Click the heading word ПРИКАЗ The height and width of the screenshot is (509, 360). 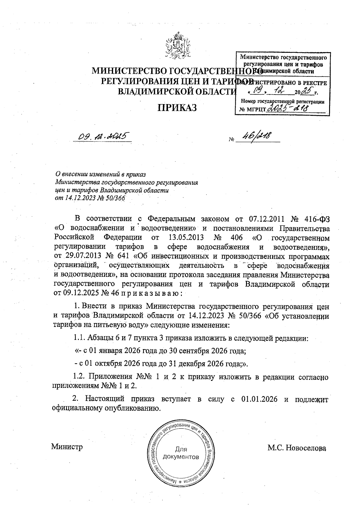click(x=177, y=107)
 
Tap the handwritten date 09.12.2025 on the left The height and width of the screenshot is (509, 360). click(x=102, y=137)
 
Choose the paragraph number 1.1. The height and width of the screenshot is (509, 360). click(x=79, y=338)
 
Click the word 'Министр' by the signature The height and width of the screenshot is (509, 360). click(x=67, y=447)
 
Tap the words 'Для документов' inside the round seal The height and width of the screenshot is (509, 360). click(x=181, y=453)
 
